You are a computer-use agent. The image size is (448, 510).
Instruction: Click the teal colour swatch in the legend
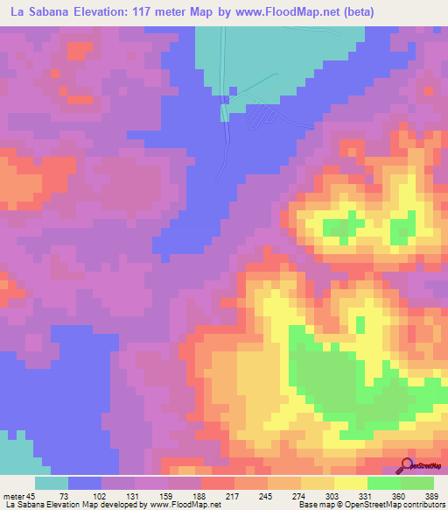tap(52, 483)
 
